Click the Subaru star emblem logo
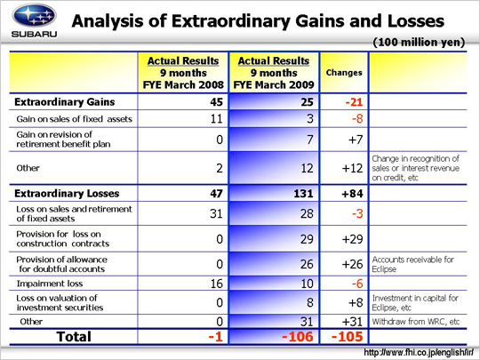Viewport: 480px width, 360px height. coord(35,16)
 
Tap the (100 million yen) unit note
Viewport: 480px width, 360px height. coord(419,43)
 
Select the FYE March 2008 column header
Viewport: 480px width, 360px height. coord(183,73)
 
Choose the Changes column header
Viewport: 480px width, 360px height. coord(344,73)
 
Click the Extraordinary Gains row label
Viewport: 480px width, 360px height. coord(65,102)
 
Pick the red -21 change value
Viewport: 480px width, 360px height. coord(354,102)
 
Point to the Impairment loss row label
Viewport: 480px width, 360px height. coord(50,284)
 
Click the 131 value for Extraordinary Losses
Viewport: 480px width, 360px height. coord(303,194)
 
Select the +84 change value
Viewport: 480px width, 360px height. coord(352,194)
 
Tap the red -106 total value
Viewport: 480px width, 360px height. coord(298,337)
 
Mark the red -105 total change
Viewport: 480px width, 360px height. coord(348,337)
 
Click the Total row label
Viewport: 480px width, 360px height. coord(74,337)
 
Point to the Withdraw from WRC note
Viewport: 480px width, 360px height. coord(416,322)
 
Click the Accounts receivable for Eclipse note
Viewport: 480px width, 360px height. coord(413,264)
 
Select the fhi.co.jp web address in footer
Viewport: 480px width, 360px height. coord(419,353)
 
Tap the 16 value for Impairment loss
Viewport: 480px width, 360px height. coord(216,284)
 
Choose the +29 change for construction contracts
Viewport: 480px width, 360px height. coord(352,239)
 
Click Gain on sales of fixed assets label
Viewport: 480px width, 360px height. coord(75,119)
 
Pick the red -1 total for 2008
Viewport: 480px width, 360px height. coord(215,337)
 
